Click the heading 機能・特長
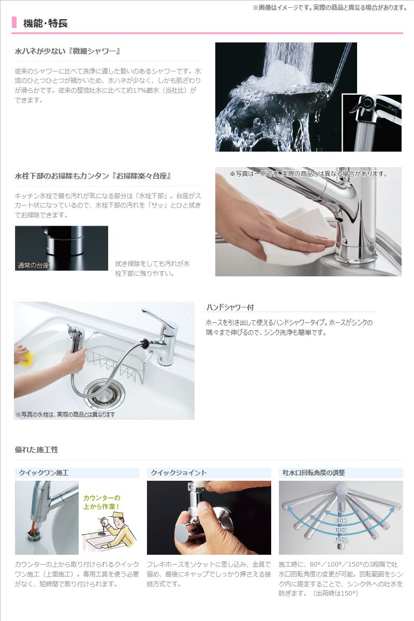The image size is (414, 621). pos(46,23)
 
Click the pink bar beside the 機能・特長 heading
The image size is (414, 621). pos(14,23)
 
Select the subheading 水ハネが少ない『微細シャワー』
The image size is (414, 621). pos(68,51)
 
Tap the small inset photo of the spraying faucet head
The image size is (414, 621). pos(372,123)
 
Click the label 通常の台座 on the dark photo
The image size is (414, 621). pos(33,265)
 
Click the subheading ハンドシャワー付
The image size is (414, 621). pos(230,307)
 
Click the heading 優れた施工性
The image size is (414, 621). pos(36,450)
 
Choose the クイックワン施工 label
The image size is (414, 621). pos(43,472)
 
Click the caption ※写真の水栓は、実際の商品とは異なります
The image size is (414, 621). pos(65,415)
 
